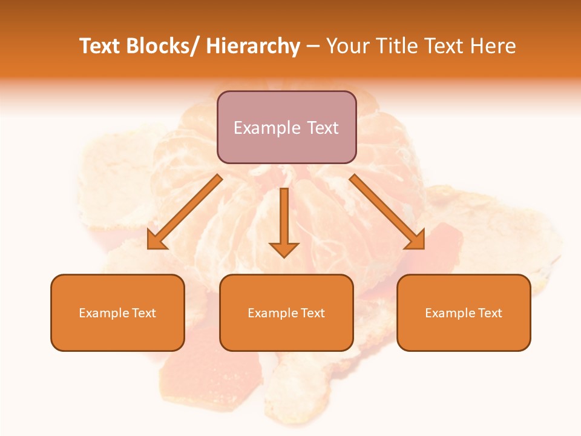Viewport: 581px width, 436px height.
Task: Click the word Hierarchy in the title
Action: tap(253, 46)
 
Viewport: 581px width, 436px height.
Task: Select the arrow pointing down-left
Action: tap(185, 212)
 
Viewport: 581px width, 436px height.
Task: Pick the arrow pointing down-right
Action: tap(387, 212)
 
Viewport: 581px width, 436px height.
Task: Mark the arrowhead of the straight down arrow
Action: tap(284, 249)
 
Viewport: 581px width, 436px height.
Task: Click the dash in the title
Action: tap(313, 47)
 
